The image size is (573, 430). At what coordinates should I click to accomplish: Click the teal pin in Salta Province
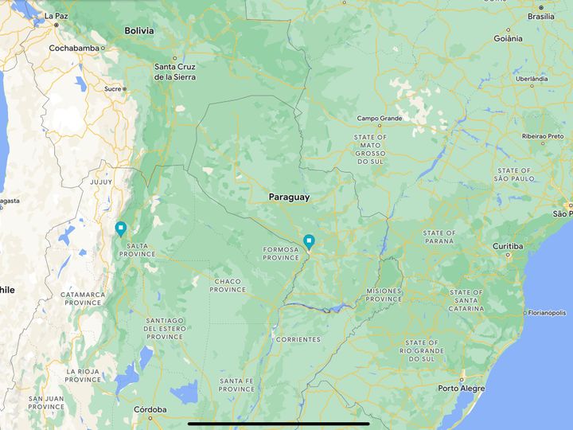(x=120, y=229)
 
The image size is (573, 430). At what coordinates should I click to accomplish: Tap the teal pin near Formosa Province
(x=309, y=240)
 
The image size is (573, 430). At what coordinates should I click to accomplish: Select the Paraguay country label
(x=289, y=197)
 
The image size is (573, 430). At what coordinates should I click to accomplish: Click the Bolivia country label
(x=139, y=31)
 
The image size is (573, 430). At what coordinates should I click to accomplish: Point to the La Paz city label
(x=57, y=16)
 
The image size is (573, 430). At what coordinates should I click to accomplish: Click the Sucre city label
(x=111, y=89)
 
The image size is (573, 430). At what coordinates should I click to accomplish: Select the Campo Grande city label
(x=380, y=119)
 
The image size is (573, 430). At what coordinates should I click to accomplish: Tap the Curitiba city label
(x=507, y=246)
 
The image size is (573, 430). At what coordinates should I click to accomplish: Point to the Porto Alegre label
(x=461, y=389)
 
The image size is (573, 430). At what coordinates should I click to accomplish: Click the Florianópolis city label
(x=547, y=313)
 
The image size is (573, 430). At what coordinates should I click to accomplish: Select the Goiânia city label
(x=508, y=38)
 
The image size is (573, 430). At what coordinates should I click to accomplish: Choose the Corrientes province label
(x=298, y=339)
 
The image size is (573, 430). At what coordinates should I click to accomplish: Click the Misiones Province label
(x=384, y=295)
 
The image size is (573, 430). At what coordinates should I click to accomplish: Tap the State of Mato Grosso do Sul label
(x=370, y=149)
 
